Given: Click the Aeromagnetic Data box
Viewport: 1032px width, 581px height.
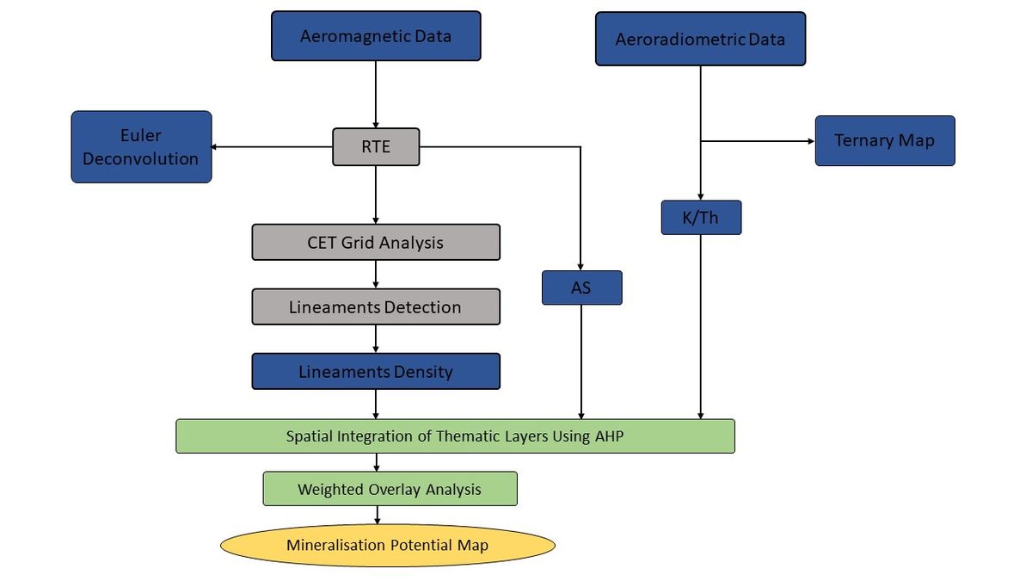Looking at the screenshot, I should (376, 36).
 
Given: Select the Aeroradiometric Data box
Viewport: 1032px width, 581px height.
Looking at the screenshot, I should (700, 39).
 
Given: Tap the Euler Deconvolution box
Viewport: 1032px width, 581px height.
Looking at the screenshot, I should (141, 146).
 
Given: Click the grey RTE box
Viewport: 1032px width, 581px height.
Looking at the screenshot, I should (376, 146).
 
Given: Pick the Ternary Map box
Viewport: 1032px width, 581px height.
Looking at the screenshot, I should (884, 140).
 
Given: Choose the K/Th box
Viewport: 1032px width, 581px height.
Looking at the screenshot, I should (700, 218).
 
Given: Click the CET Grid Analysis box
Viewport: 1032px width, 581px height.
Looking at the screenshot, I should (376, 242).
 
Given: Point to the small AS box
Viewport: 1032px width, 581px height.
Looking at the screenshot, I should (581, 287).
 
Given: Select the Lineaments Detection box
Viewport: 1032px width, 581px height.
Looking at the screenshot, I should (376, 307).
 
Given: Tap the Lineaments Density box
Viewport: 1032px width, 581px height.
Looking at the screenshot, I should (376, 372).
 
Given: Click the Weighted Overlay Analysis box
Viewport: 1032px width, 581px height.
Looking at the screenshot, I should (390, 489).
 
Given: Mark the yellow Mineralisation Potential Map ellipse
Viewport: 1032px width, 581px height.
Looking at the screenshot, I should (388, 546).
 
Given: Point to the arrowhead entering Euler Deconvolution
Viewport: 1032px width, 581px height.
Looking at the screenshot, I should (216, 146).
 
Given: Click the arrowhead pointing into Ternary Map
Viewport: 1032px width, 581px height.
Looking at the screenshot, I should (810, 140).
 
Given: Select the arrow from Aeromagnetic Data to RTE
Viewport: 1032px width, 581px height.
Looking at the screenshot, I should (376, 95).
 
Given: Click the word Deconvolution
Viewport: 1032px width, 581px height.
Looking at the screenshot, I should (141, 158).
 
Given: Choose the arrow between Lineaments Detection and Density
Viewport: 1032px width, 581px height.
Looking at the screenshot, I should (376, 339).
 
